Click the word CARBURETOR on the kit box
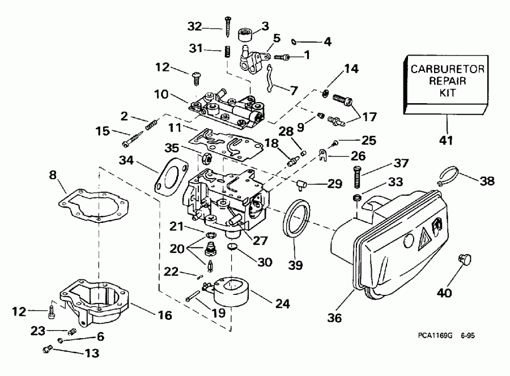[443, 69]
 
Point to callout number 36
[334, 318]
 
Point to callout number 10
[159, 92]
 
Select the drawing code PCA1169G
[433, 336]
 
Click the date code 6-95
[467, 336]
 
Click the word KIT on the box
[443, 91]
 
